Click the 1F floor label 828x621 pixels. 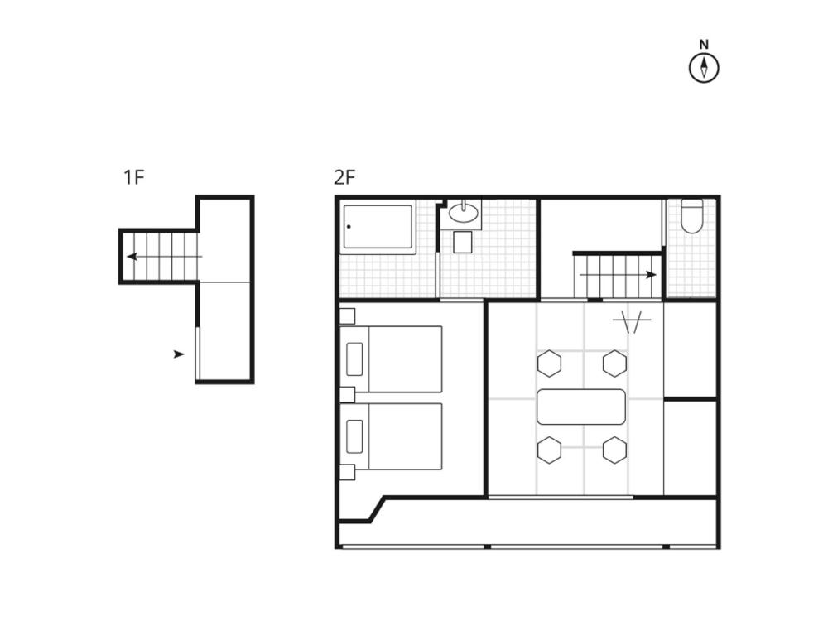(x=133, y=177)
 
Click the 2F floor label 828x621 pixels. (x=344, y=177)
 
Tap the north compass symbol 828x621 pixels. (x=704, y=62)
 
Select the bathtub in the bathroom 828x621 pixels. (x=378, y=227)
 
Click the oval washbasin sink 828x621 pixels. (x=464, y=213)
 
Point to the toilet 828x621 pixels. (x=691, y=215)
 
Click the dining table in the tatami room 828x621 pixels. (x=581, y=407)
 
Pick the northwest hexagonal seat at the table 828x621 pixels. (x=549, y=363)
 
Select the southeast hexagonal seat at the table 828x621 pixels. (x=614, y=450)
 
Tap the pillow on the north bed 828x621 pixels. (x=354, y=359)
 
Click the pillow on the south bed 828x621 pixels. (x=354, y=436)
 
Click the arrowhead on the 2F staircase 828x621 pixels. (x=652, y=275)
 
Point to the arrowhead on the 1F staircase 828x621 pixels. (x=132, y=257)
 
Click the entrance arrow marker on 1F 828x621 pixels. (x=179, y=354)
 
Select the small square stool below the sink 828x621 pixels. (x=463, y=243)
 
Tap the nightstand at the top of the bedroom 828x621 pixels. (x=347, y=315)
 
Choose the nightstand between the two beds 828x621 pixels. (x=347, y=394)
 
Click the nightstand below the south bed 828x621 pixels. (x=347, y=472)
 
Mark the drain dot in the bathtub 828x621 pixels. (x=349, y=227)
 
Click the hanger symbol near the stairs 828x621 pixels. (x=632, y=321)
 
